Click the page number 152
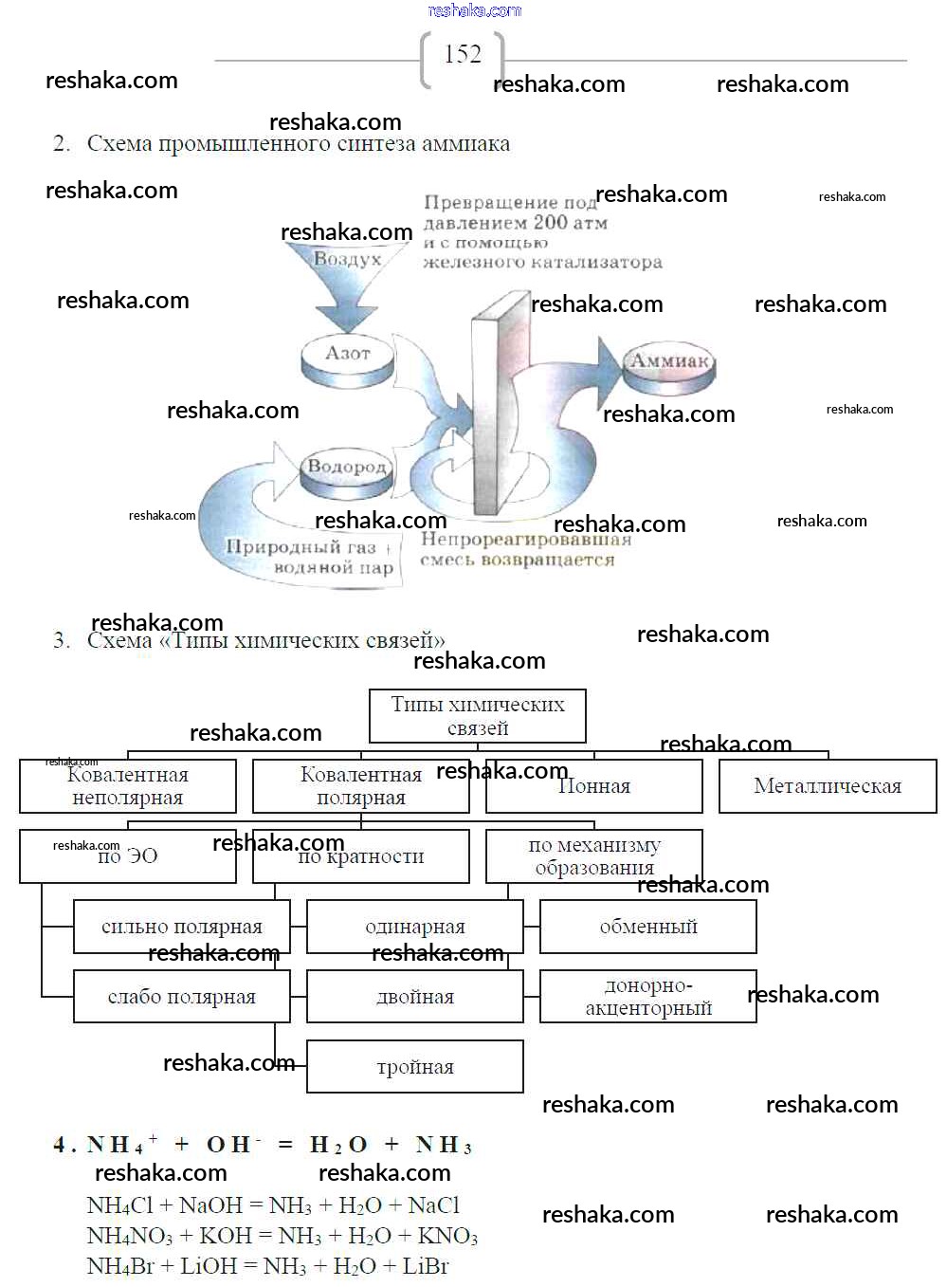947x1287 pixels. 462,54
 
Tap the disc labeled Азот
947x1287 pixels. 347,359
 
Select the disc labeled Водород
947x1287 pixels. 347,471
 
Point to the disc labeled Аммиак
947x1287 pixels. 669,366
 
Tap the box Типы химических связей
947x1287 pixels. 477,716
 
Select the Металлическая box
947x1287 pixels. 827,786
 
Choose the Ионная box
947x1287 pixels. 594,786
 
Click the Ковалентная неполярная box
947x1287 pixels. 128,786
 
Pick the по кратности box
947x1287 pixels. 361,856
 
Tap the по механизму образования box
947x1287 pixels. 594,856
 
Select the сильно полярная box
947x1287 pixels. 181,927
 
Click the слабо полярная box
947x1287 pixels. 181,997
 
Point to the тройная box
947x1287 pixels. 415,1067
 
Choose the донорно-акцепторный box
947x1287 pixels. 648,997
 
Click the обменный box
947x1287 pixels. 648,927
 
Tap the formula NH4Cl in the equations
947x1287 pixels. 119,1205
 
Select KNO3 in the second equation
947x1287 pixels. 447,1236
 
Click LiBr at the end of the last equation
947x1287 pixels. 426,1266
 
